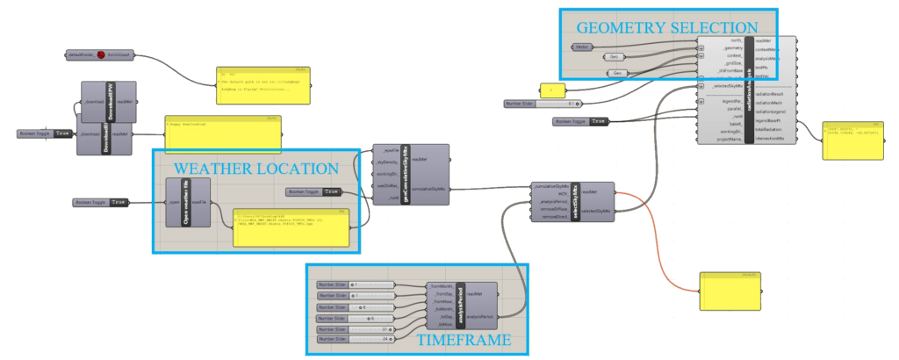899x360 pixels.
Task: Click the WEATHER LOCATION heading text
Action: click(x=255, y=168)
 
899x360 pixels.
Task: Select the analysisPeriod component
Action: click(x=456, y=303)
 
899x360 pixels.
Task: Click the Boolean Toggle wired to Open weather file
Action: click(x=101, y=203)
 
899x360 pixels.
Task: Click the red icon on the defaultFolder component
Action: click(x=101, y=54)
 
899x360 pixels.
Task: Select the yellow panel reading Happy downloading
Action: click(x=223, y=132)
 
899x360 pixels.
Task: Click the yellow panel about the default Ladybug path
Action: click(x=262, y=85)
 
